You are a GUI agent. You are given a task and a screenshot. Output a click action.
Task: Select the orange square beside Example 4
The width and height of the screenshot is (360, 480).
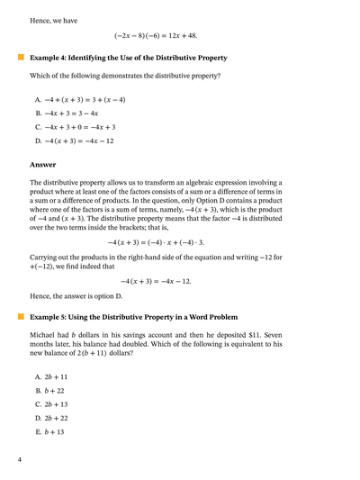[20, 57]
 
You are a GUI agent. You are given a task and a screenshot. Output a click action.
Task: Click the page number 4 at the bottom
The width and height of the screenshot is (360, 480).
[19, 460]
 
